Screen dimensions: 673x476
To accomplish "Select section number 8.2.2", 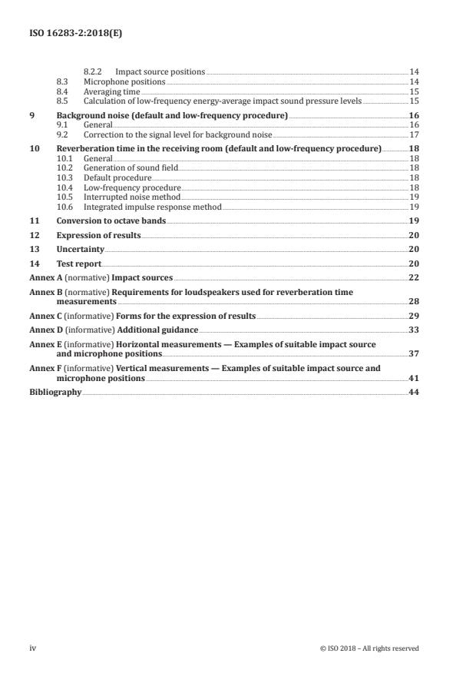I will (x=94, y=71).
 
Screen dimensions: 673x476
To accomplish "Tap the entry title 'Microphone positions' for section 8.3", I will (x=124, y=81).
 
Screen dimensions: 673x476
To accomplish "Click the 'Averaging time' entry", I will (x=111, y=91).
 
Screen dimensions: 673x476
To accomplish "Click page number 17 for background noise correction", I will (x=414, y=134).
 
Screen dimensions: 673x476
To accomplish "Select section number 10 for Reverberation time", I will (x=34, y=148).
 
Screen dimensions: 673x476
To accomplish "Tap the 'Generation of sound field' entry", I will (x=127, y=167).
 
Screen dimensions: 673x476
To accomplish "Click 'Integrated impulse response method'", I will (x=141, y=206).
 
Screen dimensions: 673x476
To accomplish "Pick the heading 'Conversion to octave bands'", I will (x=111, y=220).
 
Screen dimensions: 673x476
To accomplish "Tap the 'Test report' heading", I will (x=81, y=264).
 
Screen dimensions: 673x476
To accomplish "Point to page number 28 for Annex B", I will (x=414, y=302).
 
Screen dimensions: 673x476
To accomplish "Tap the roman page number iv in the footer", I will (x=32, y=648).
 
